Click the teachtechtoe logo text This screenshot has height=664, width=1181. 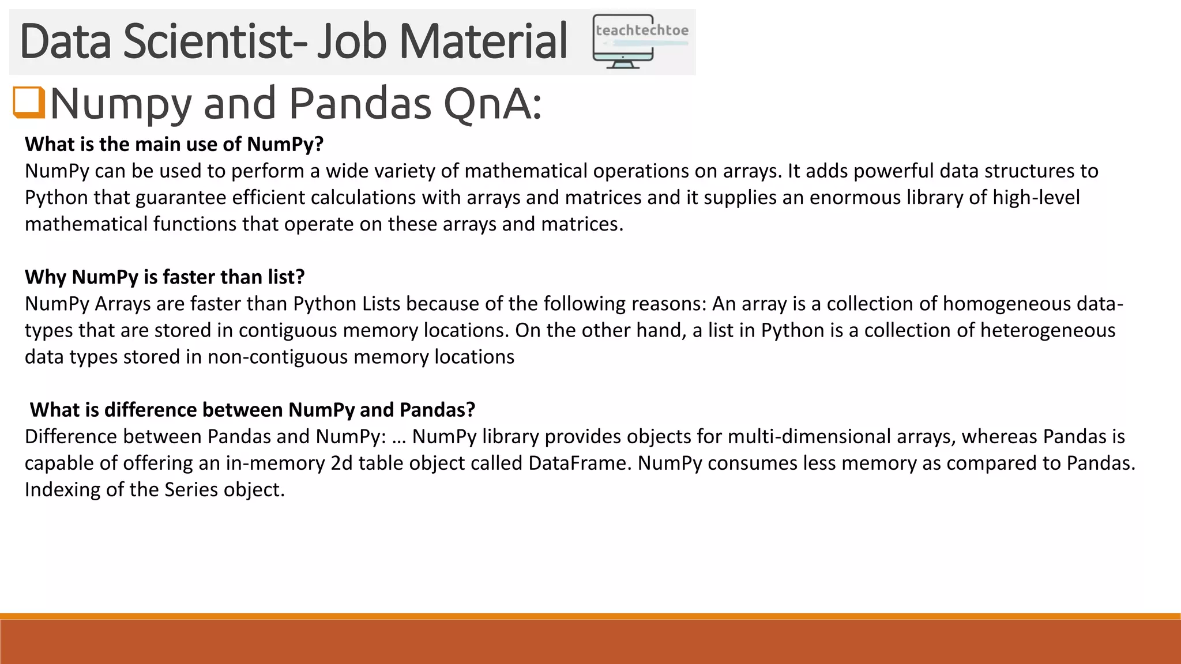[x=642, y=31]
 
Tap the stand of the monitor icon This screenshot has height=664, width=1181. [x=623, y=64]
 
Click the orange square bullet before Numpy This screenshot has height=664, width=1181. [x=29, y=103]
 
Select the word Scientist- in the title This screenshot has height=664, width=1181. [x=215, y=41]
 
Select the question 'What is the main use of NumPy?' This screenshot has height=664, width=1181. [x=174, y=144]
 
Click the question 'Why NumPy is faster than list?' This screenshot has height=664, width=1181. [x=165, y=277]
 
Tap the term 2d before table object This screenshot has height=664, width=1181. [x=341, y=463]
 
